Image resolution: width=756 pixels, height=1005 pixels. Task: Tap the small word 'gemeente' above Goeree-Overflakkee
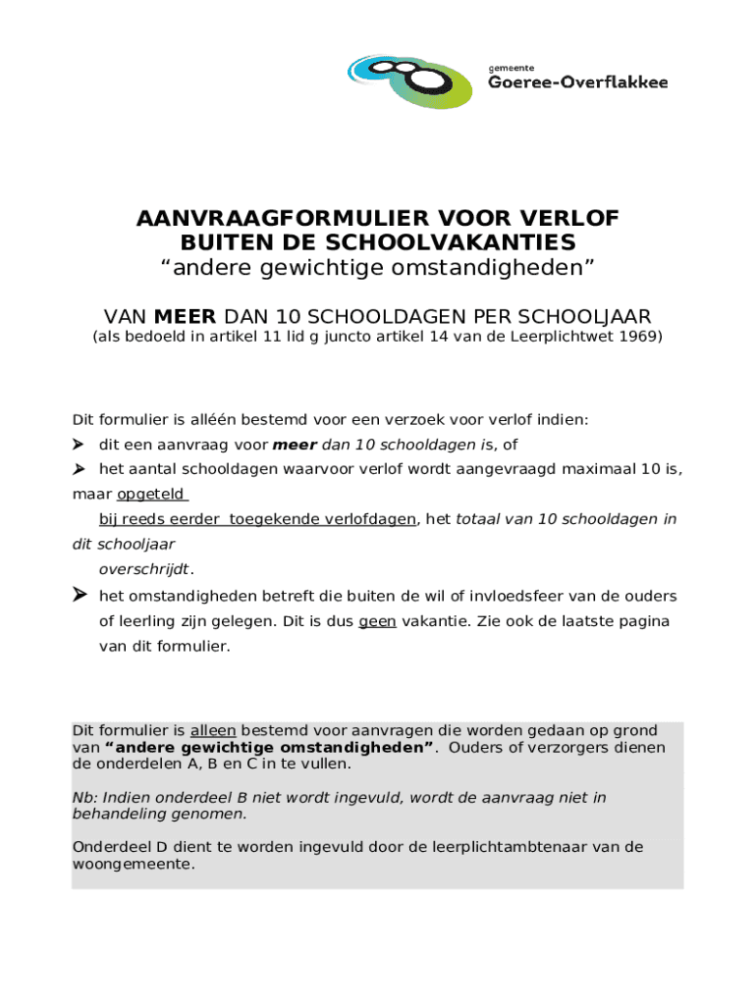[x=512, y=67]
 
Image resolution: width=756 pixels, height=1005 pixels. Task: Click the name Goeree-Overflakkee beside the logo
[x=577, y=83]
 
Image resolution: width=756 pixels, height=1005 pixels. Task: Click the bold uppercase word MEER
[x=187, y=316]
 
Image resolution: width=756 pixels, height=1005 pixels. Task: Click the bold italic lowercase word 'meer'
[x=294, y=445]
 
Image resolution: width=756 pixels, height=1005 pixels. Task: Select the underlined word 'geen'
[x=377, y=621]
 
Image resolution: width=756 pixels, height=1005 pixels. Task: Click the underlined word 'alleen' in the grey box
[x=213, y=731]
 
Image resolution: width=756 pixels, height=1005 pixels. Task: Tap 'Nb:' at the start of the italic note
[x=84, y=798]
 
